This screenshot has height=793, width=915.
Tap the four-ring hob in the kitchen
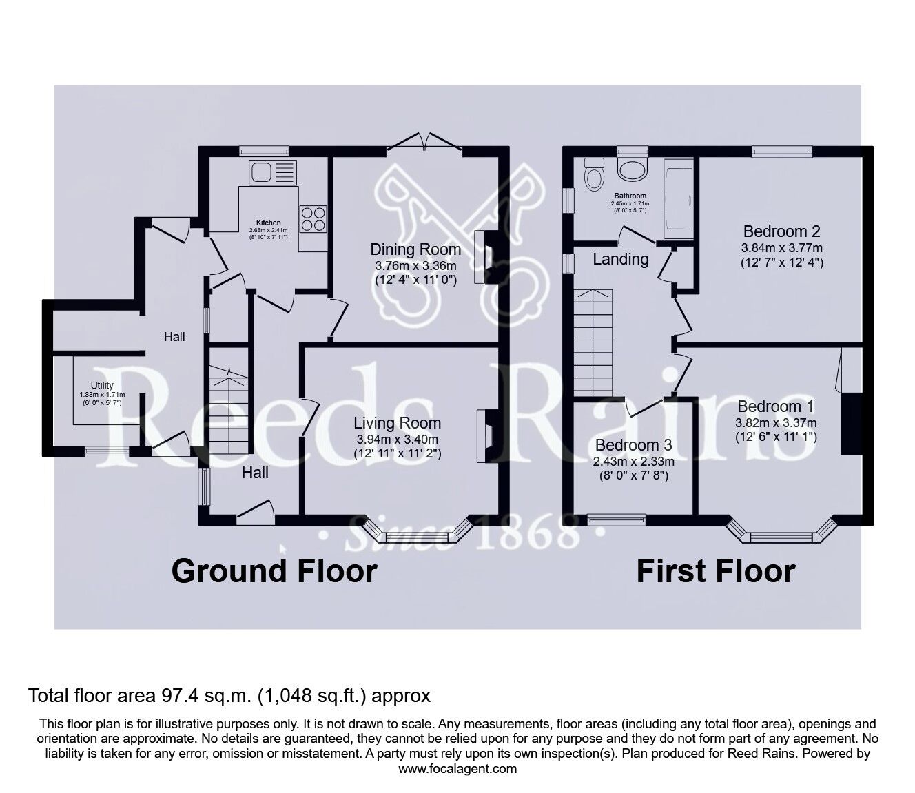coord(312,218)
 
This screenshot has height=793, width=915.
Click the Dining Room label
coord(415,249)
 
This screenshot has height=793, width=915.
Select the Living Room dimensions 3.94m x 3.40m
coord(397,439)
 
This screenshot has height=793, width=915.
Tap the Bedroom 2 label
coord(781,231)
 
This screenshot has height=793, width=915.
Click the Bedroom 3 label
coord(633,445)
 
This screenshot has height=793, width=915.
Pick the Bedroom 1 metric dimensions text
coord(777,422)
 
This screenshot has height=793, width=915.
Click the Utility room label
coord(102,385)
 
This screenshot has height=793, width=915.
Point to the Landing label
coord(621,259)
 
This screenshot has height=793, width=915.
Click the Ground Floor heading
coord(274,571)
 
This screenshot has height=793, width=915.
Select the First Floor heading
coord(715,571)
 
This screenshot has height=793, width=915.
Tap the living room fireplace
coord(484,437)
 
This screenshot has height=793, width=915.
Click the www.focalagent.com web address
coord(457,768)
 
